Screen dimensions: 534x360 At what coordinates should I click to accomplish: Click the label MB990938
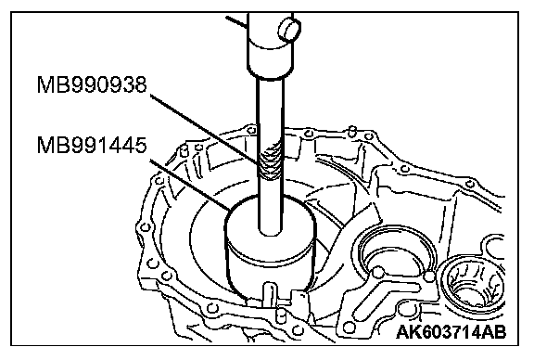click(x=92, y=84)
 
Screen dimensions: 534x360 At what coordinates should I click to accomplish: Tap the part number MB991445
click(x=92, y=146)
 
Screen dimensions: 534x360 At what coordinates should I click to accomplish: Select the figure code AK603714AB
click(x=451, y=332)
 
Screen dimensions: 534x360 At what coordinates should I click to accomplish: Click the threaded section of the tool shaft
click(x=270, y=161)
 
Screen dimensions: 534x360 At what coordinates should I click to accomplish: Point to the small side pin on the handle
click(x=289, y=30)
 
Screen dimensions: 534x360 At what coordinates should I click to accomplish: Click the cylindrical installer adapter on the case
click(x=271, y=247)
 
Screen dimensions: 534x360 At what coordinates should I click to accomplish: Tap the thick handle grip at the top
click(x=270, y=45)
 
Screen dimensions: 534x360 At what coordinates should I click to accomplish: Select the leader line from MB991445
click(x=190, y=185)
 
